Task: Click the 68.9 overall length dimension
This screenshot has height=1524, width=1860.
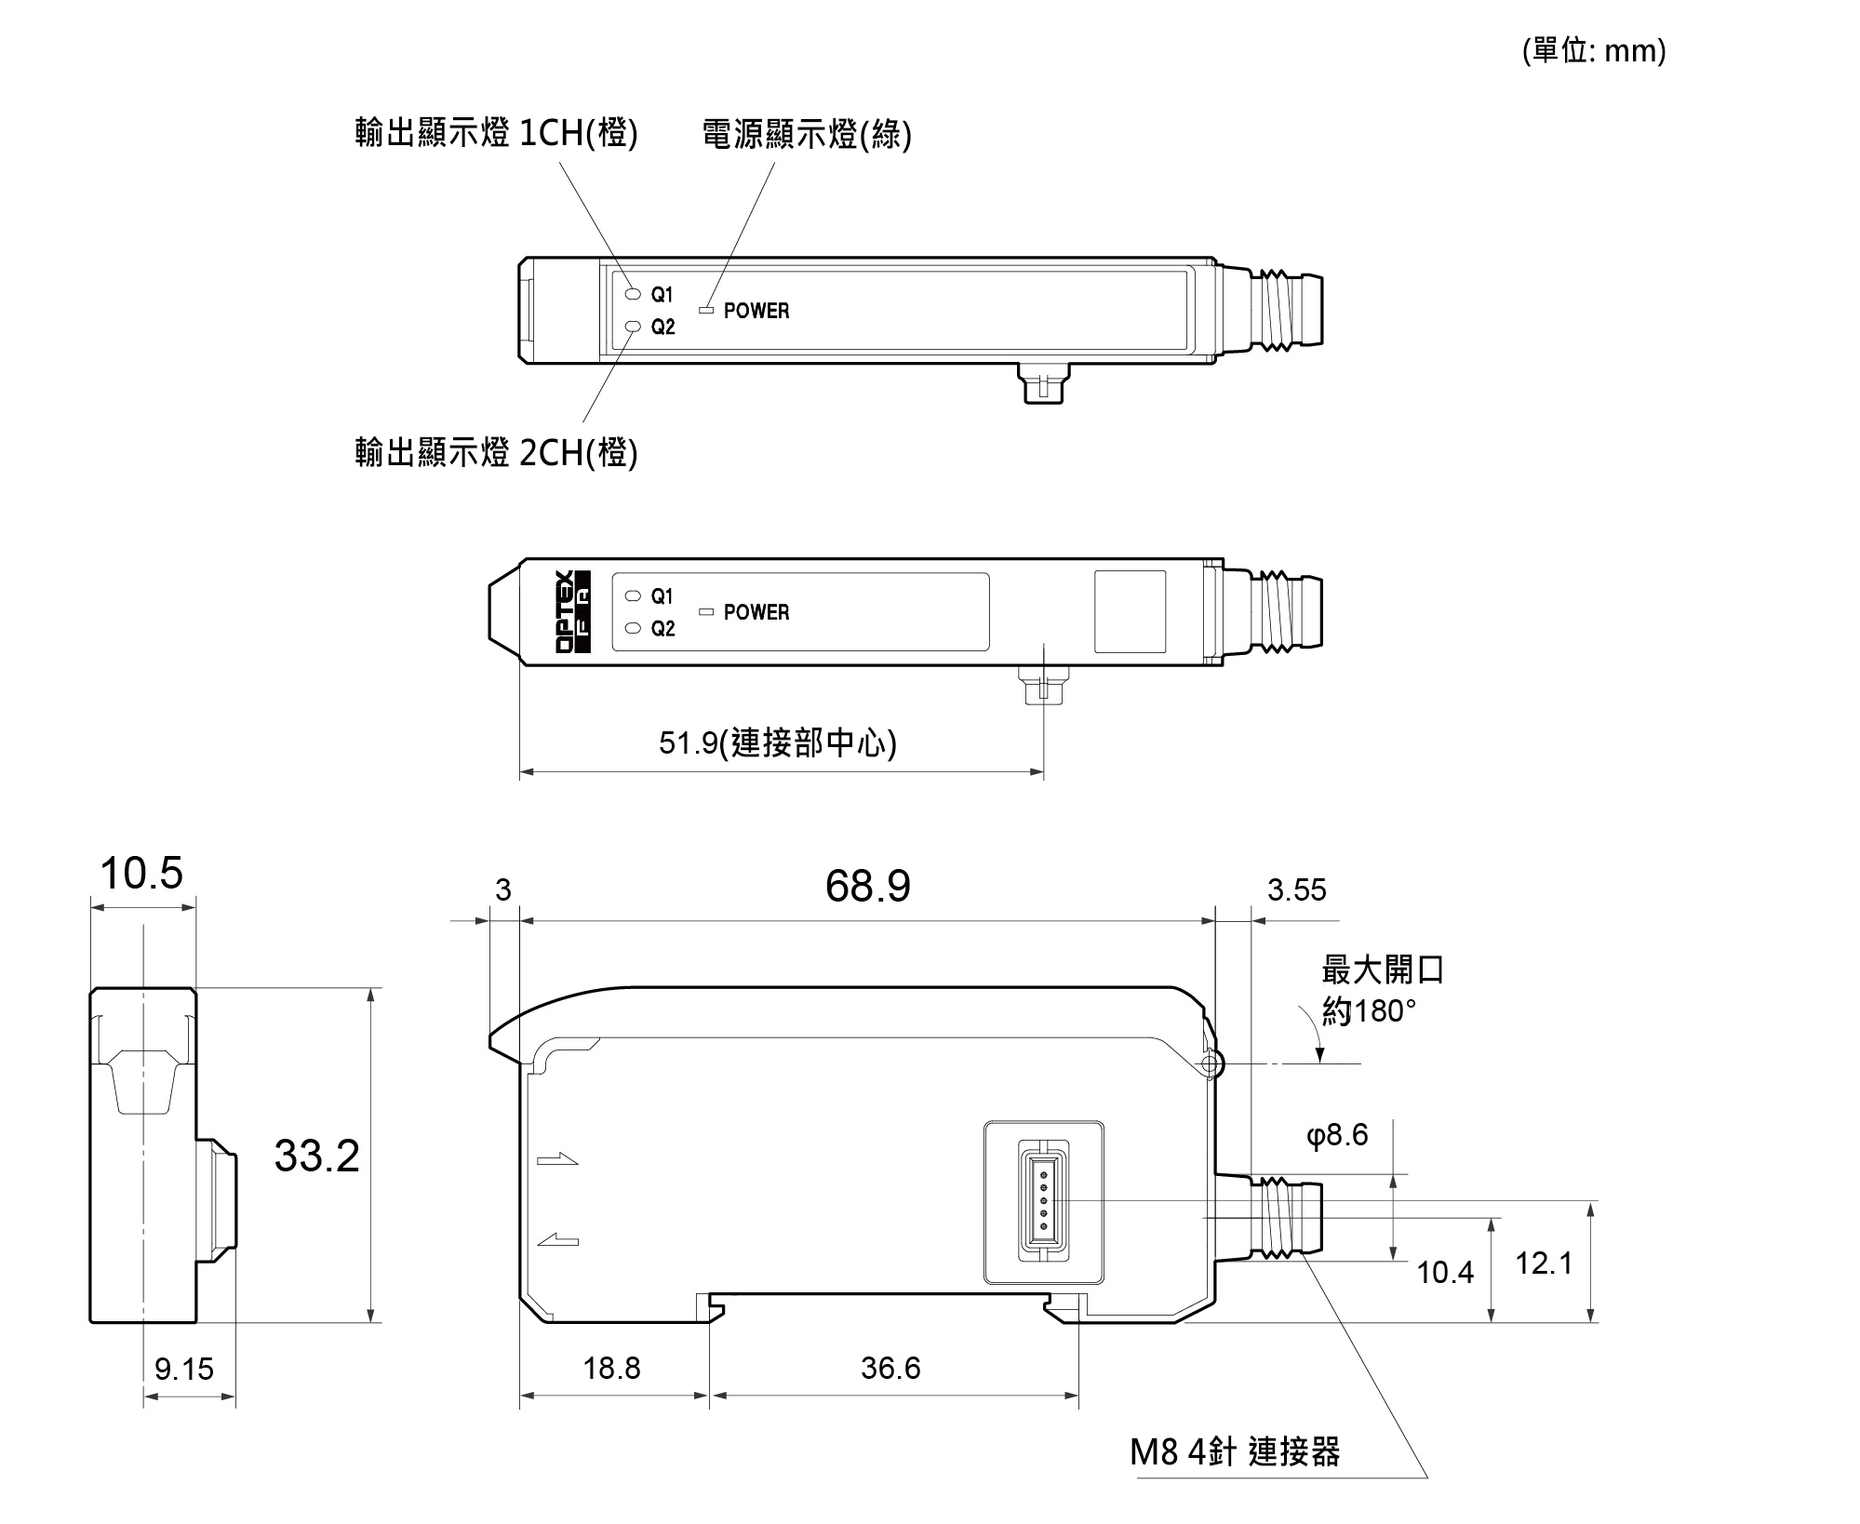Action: [867, 886]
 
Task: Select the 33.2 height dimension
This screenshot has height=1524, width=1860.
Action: [316, 1156]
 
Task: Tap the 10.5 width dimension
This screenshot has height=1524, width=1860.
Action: [141, 874]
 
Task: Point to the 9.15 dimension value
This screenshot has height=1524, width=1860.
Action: [183, 1369]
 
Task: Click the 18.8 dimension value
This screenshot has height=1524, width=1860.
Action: [611, 1368]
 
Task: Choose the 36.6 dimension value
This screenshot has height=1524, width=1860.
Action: [890, 1368]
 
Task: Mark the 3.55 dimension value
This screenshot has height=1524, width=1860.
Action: [1296, 890]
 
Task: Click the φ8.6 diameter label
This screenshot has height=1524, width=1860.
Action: [1337, 1135]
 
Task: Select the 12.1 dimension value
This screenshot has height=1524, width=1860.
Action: [1544, 1263]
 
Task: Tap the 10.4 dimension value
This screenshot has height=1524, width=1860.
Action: [1444, 1272]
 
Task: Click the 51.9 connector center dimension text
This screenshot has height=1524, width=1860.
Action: [777, 742]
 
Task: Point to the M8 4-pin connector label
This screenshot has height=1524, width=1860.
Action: [1235, 1451]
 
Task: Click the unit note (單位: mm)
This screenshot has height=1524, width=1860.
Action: [1594, 50]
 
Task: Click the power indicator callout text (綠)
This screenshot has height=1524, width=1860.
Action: [806, 135]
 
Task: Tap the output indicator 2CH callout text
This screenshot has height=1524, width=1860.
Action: [496, 453]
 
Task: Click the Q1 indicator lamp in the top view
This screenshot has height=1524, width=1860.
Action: [634, 294]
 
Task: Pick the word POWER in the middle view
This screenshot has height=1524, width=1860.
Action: [756, 612]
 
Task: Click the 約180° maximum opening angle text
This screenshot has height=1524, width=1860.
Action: [1369, 1011]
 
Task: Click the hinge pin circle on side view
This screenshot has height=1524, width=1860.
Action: [1210, 1063]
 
